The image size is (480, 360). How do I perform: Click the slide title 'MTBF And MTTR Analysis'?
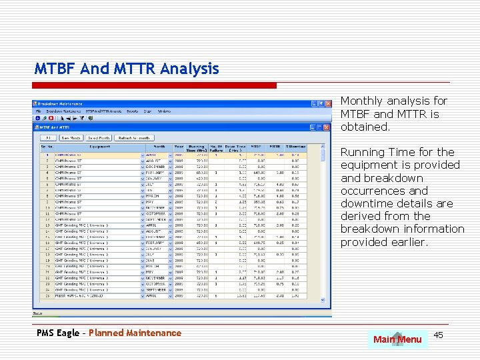pos(127,69)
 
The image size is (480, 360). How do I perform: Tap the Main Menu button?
pos(397,339)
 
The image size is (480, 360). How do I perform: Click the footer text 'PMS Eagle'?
pos(58,333)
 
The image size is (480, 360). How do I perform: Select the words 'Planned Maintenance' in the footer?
pos(135,333)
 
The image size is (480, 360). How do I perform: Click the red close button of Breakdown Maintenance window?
pos(327,104)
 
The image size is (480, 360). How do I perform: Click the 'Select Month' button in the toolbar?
pos(98,138)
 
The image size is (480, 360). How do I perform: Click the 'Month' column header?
pos(159,147)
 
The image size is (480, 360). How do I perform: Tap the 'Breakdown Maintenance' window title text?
pos(59,105)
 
